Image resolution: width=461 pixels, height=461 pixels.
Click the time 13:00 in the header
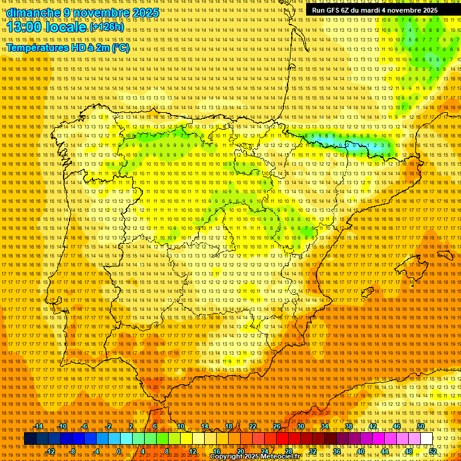click(24, 28)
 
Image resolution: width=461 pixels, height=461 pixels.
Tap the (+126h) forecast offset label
click(106, 28)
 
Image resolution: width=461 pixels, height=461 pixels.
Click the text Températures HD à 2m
click(57, 48)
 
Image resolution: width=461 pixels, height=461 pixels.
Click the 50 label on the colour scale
click(421, 426)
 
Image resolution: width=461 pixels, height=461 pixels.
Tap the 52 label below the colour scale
click(433, 451)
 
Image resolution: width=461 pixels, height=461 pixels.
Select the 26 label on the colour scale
click(277, 426)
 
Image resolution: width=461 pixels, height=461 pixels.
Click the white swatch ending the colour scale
click(427, 439)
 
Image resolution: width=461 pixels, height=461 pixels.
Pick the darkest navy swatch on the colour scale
click(30, 439)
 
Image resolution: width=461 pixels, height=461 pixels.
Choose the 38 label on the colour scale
click(349, 426)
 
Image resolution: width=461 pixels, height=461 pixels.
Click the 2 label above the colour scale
click(131, 426)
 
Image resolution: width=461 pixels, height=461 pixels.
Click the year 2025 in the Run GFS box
click(429, 10)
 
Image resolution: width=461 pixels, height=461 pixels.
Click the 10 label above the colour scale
click(180, 426)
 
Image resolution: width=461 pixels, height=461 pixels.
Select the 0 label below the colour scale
click(119, 451)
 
